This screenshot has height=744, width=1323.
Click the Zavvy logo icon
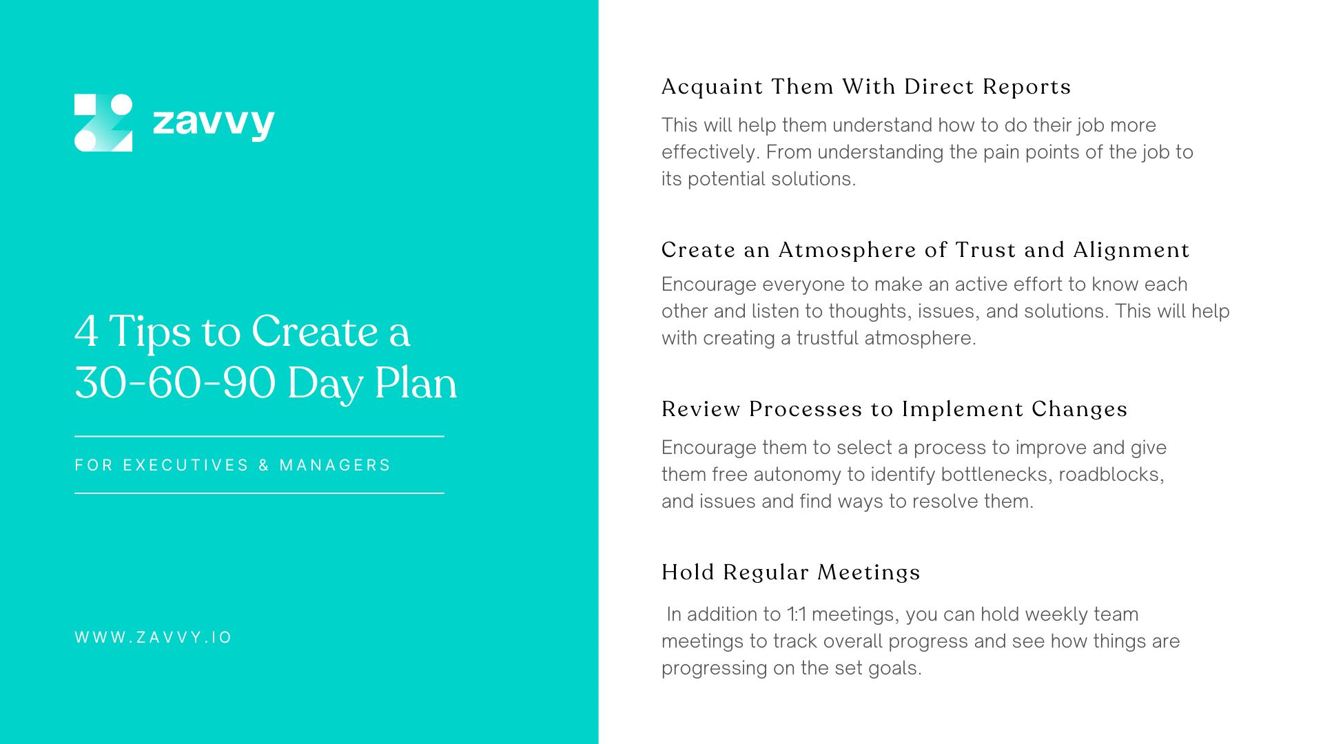coord(103,123)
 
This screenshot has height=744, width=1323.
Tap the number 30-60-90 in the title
coord(175,383)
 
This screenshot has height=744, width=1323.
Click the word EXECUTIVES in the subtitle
coord(185,466)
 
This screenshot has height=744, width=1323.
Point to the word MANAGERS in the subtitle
coord(335,466)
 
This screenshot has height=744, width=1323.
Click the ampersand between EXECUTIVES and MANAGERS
coord(264,466)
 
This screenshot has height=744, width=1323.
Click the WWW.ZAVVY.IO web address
coord(153,638)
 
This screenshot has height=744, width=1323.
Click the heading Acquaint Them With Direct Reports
coord(865,87)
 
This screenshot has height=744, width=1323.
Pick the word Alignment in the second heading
coord(1131,250)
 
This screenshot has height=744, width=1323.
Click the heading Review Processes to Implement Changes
coord(894,409)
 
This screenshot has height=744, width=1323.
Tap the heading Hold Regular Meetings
coord(790,572)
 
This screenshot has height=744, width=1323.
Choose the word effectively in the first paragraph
coord(710,152)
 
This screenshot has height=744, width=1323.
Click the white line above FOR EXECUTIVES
coord(259,436)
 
